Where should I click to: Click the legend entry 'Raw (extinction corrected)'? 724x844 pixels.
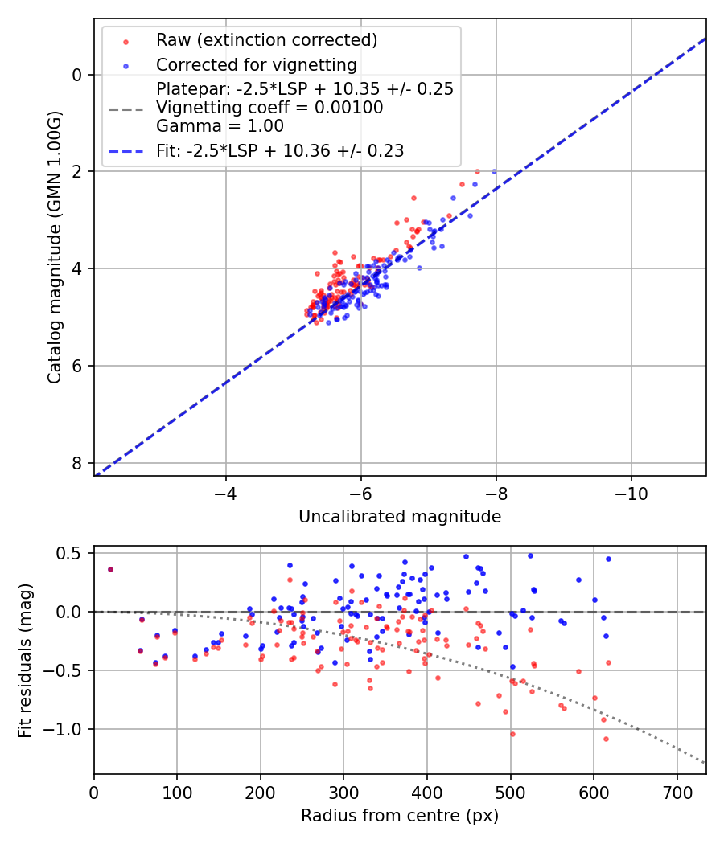point(266,40)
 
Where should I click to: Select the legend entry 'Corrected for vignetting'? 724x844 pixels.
point(257,64)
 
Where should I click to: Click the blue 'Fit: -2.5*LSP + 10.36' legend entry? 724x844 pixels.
point(280,150)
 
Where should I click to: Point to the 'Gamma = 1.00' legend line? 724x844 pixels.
point(220,125)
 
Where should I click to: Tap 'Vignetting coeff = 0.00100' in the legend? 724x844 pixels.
point(269,107)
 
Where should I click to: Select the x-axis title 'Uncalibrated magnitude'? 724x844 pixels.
point(400,517)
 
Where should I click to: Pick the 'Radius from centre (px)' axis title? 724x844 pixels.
point(400,816)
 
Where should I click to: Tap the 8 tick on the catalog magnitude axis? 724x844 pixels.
point(77,463)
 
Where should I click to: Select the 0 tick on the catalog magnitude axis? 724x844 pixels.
point(77,75)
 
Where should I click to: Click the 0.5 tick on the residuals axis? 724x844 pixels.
point(72,553)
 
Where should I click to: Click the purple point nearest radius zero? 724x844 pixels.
point(110,569)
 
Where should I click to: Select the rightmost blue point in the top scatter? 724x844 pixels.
point(494,171)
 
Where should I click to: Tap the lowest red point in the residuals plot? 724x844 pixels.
point(606,739)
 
